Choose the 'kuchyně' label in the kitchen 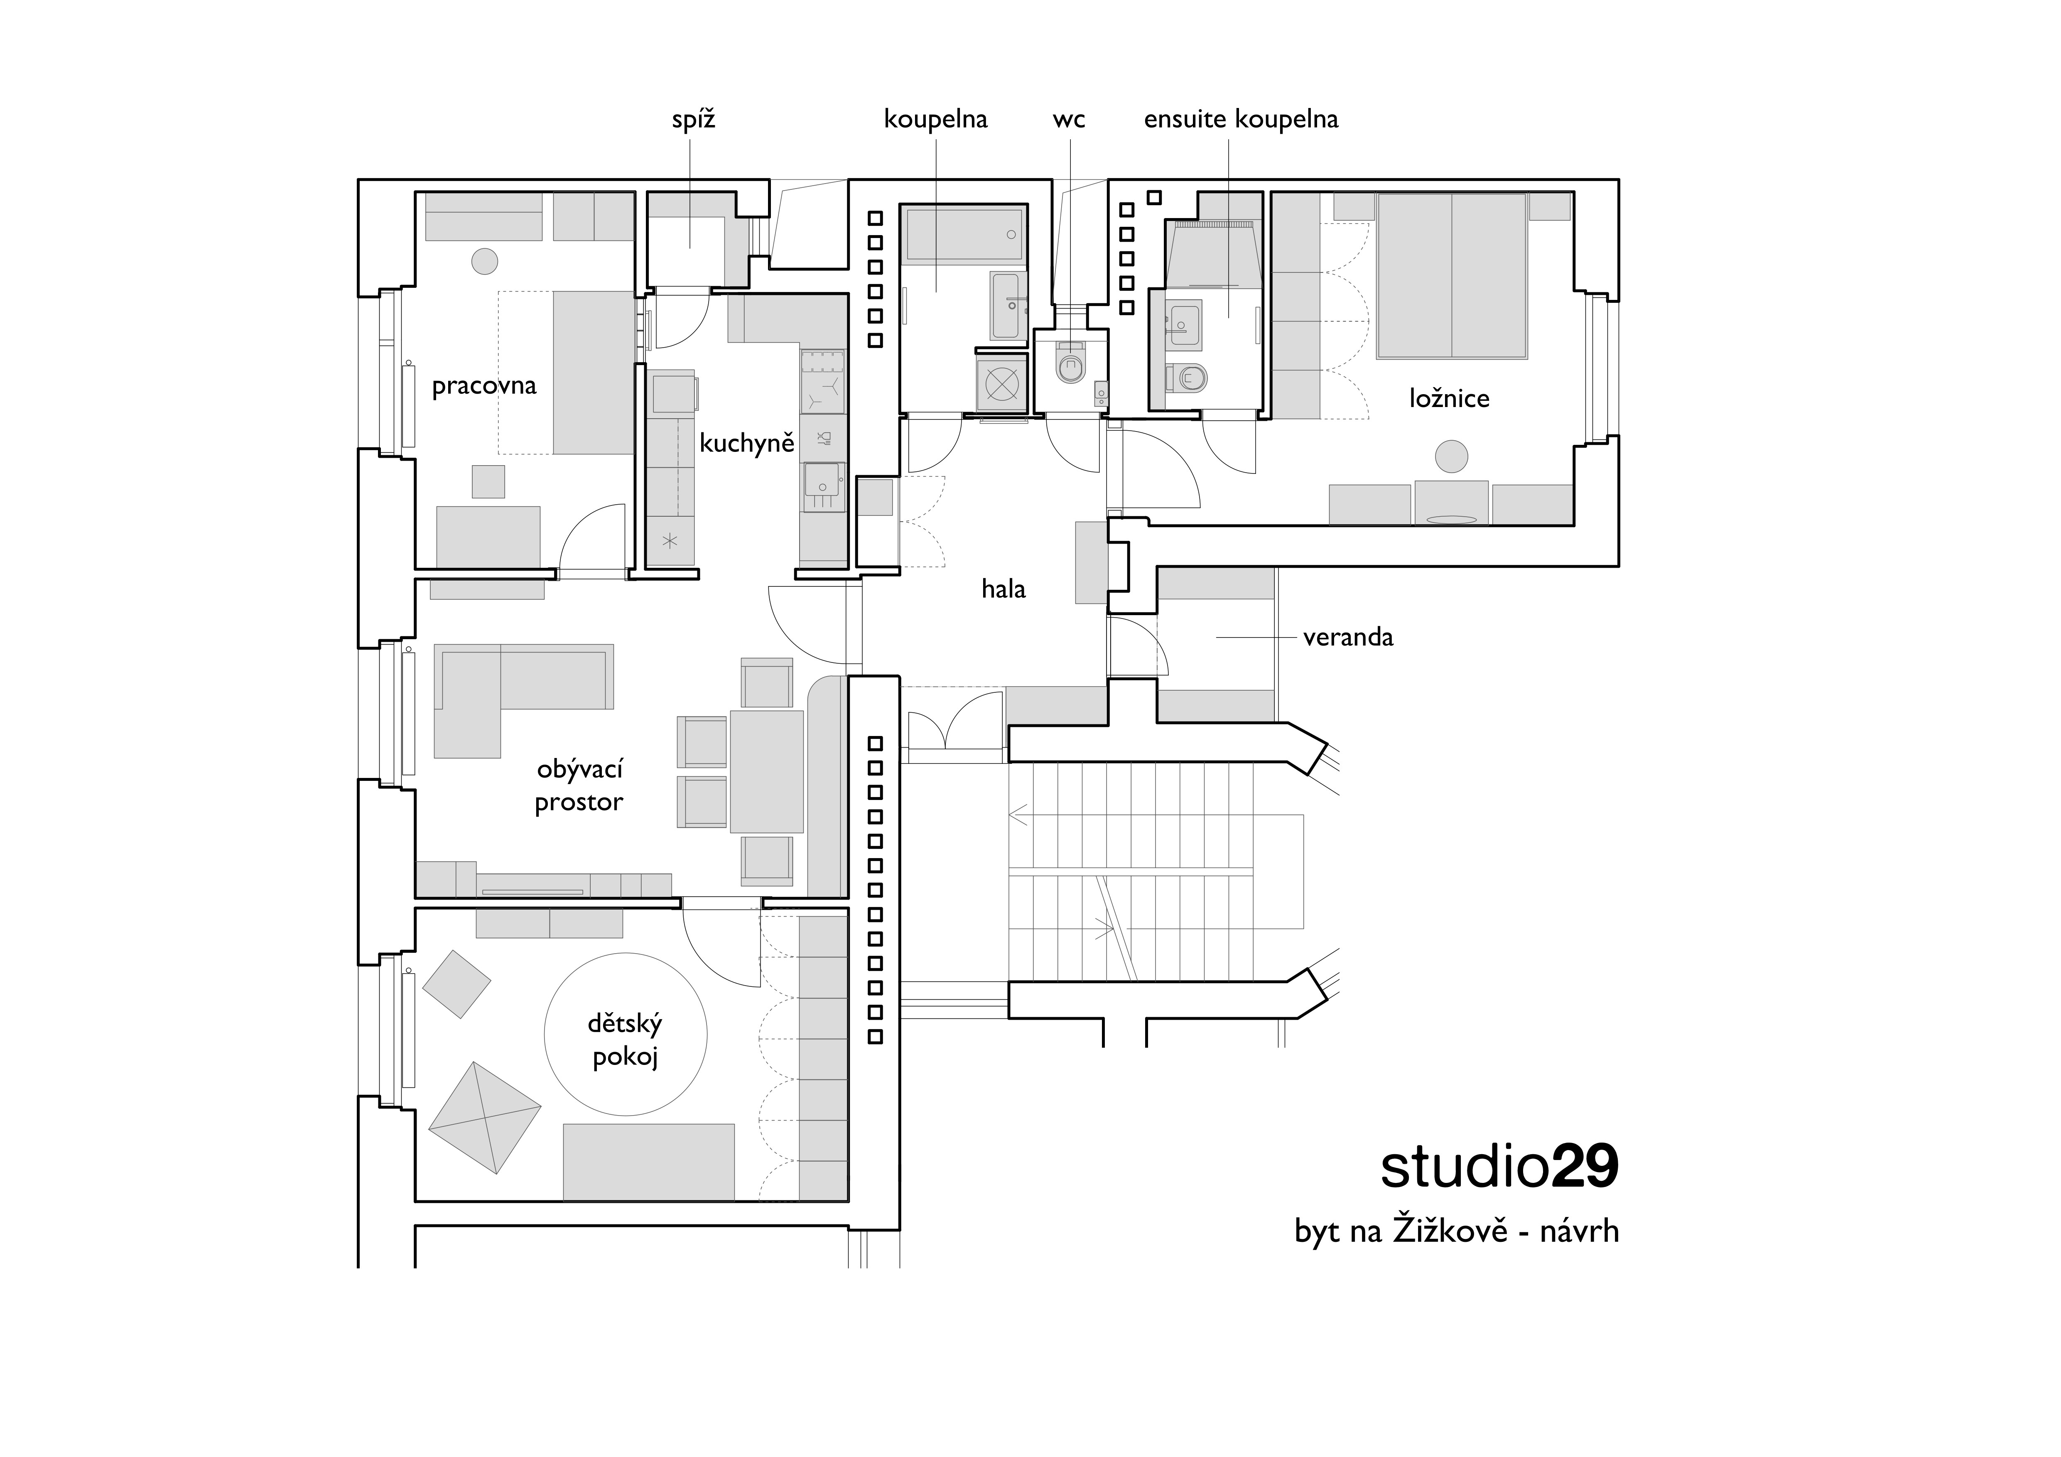(x=747, y=443)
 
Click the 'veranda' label (x=1348, y=638)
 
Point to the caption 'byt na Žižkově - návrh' (x=1456, y=1230)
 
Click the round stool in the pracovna (x=485, y=261)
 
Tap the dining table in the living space (x=767, y=771)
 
